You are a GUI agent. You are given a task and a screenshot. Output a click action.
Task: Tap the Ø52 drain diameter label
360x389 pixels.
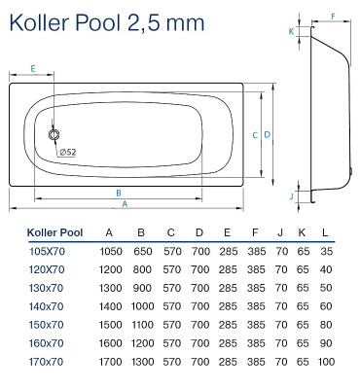[x=68, y=151]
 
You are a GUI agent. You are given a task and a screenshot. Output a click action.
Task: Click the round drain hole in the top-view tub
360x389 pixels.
[x=54, y=138]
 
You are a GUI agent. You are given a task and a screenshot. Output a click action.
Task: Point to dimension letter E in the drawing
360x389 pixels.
[x=33, y=68]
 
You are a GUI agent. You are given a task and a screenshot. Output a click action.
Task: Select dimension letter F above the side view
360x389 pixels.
[x=333, y=17]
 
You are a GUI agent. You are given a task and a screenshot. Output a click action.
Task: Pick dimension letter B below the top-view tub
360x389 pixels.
[x=118, y=193]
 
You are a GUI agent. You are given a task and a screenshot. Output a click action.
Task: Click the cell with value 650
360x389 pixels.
[x=142, y=251]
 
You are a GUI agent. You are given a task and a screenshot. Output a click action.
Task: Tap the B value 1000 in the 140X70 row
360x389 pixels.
[x=142, y=306]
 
